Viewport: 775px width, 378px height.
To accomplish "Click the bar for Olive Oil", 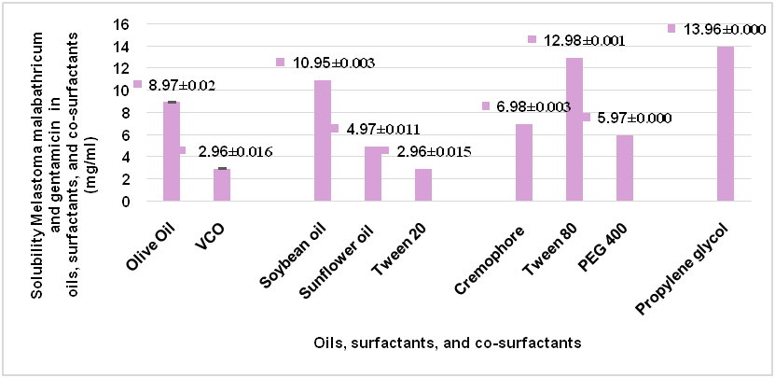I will click(x=171, y=151).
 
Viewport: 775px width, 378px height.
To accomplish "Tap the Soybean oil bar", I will click(x=322, y=140).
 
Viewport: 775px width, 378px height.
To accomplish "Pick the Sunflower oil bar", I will click(x=372, y=174).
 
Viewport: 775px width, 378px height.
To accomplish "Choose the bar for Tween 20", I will click(x=422, y=185).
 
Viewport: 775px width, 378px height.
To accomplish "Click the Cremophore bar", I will click(x=523, y=162).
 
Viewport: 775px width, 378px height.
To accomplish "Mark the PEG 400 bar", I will click(x=624, y=168).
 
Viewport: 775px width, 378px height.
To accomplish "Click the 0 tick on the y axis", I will click(x=124, y=201).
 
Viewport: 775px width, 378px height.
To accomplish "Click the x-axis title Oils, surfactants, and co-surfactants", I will click(x=448, y=343).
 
